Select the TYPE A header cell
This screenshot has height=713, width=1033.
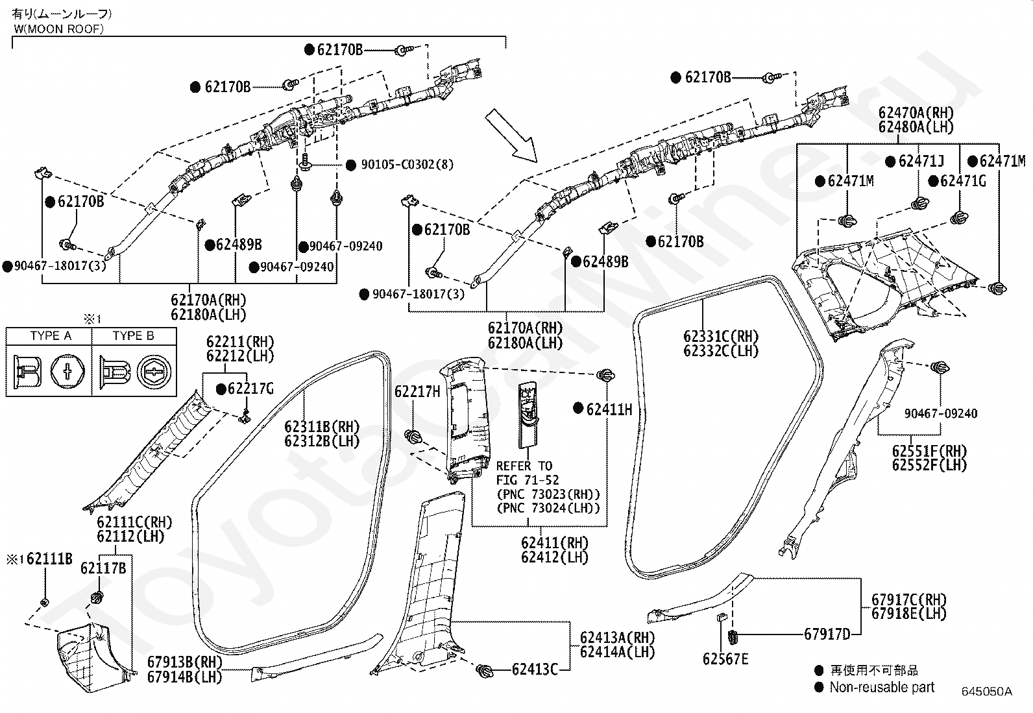(51, 336)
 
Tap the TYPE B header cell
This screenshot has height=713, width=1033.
(134, 336)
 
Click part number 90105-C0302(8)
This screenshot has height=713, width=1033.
(407, 165)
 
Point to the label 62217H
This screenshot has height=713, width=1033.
(417, 392)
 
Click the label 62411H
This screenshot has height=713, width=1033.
(609, 409)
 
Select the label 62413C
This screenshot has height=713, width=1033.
(535, 669)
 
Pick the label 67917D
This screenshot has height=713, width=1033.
(827, 634)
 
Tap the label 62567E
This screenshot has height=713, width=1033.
(725, 659)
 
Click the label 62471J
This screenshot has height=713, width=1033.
(921, 161)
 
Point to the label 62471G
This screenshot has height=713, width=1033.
(963, 181)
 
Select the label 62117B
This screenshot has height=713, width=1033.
(103, 568)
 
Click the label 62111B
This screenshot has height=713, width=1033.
(49, 559)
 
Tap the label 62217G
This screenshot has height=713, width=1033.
(250, 389)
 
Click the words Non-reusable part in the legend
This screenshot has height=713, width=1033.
(882, 687)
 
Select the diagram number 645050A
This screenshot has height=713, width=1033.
(986, 692)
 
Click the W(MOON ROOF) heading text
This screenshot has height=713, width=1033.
(59, 29)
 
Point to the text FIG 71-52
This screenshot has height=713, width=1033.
(528, 480)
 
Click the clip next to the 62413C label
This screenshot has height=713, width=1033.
(484, 670)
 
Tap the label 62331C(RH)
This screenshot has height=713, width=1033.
(721, 336)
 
